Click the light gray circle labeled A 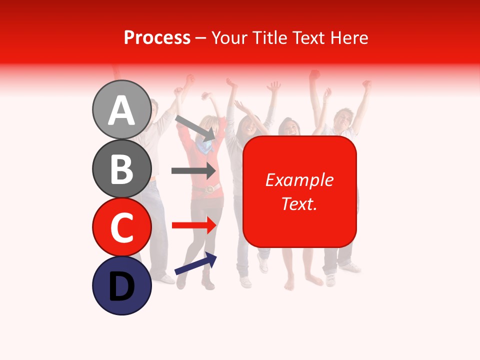[121, 109]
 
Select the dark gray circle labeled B [121, 168]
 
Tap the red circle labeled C [121, 227]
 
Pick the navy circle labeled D [121, 286]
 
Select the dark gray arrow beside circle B [193, 170]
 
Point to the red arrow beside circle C [193, 225]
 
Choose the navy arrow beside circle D [195, 263]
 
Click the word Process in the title [157, 37]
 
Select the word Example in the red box [299, 180]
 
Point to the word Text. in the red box [299, 203]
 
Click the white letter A [121, 110]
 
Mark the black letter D [121, 287]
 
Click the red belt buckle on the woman [210, 188]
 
